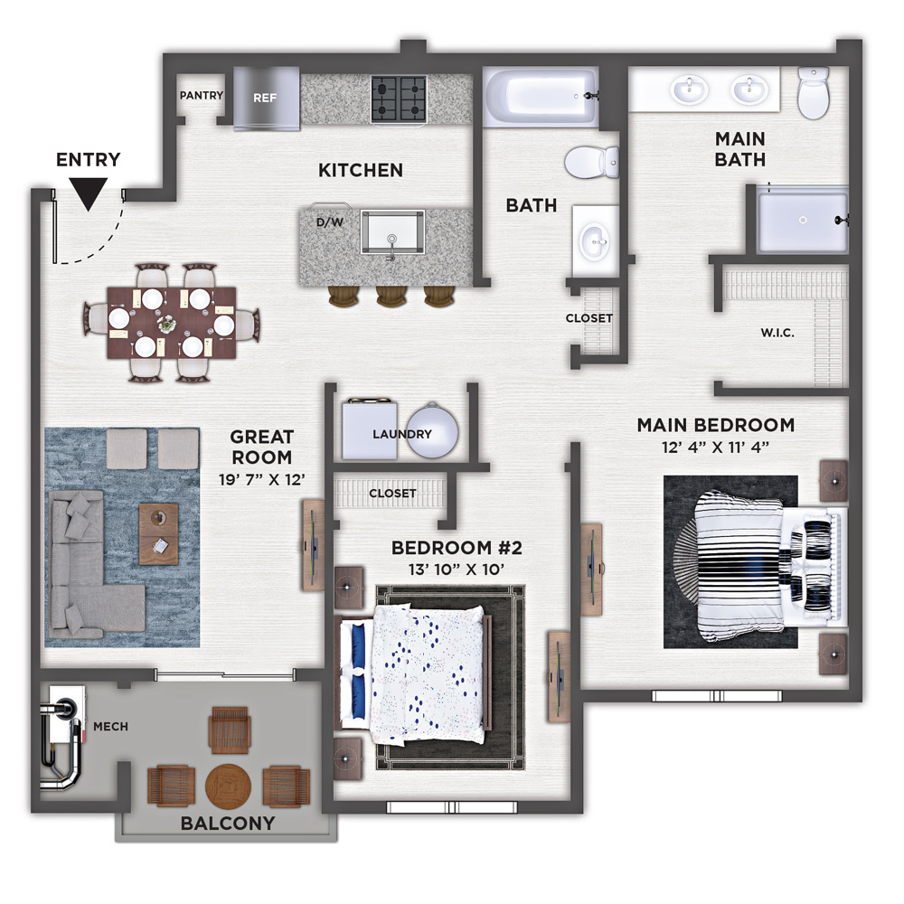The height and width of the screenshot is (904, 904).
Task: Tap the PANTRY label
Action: [x=202, y=95]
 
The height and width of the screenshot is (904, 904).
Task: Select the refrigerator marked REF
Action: [x=267, y=98]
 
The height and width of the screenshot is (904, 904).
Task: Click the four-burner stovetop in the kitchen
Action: [x=399, y=99]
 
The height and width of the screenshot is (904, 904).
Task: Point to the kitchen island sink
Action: [x=392, y=231]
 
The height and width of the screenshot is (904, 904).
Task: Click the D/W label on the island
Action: [x=330, y=222]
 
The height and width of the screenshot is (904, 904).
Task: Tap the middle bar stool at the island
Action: [x=392, y=296]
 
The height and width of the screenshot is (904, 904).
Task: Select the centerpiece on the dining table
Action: [x=167, y=324]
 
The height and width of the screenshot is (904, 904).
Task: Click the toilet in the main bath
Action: [x=814, y=93]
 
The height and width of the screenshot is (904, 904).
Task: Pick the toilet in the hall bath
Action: [x=592, y=162]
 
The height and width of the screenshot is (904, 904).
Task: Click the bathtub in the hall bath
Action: [x=541, y=97]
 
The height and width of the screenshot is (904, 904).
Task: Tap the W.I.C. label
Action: [x=777, y=333]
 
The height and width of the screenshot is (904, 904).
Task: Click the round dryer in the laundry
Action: [x=432, y=430]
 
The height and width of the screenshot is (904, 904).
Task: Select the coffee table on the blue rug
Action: [x=158, y=534]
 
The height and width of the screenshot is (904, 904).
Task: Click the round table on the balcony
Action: [x=229, y=787]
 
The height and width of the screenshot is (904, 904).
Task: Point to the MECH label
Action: [x=110, y=727]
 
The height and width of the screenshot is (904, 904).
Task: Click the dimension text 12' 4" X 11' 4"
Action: [x=715, y=447]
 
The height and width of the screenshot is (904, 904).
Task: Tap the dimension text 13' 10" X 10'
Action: [x=457, y=570]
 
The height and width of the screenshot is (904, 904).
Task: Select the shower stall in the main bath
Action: [x=803, y=220]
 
